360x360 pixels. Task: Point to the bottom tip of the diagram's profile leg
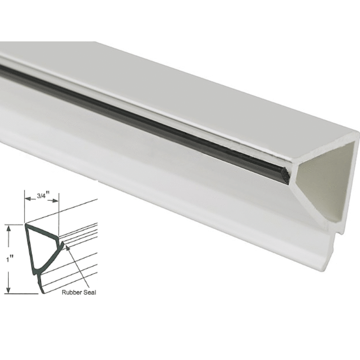[44, 293]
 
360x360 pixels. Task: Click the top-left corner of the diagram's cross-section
[26, 225]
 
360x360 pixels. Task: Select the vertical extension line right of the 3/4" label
[58, 216]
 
